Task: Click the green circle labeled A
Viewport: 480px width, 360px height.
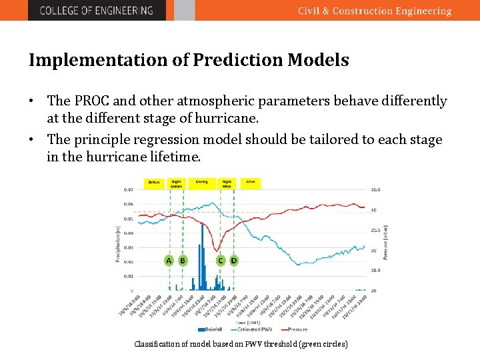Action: tap(169, 260)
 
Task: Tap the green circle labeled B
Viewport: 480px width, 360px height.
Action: tap(182, 260)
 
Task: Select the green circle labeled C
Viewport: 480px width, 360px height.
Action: tap(220, 260)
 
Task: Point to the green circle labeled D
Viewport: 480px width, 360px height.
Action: tap(233, 260)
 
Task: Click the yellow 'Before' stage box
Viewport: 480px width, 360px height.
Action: tap(155, 182)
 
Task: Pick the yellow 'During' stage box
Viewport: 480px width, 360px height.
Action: tap(201, 182)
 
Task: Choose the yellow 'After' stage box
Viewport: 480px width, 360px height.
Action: tap(251, 182)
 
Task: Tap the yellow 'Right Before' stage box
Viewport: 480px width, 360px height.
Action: tap(176, 183)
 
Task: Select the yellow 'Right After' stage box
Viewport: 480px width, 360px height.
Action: tap(227, 183)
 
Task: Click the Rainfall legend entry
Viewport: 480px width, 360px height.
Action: tap(210, 329)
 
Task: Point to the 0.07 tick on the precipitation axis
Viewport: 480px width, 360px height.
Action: tap(128, 189)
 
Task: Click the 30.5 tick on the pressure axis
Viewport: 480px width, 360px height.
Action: tap(375, 189)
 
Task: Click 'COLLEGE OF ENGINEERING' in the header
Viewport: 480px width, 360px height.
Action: tap(96, 11)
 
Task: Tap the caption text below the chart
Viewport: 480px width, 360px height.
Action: tap(241, 344)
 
